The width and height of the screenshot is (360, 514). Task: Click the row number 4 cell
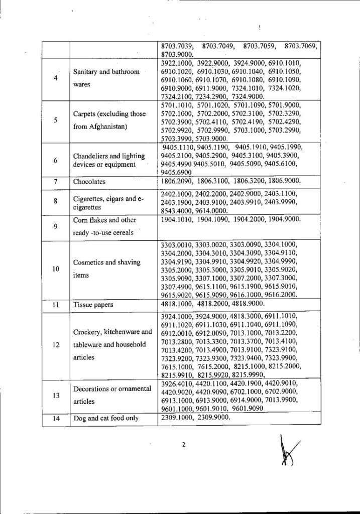tap(56, 78)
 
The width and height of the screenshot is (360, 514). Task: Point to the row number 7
tap(56, 182)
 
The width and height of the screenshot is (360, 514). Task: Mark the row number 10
tap(56, 269)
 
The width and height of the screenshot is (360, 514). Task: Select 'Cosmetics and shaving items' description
tap(103, 269)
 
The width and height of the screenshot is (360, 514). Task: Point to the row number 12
tap(56, 345)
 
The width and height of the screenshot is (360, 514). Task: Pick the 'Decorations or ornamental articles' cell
tap(112, 395)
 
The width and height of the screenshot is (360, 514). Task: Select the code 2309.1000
tap(176, 418)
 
